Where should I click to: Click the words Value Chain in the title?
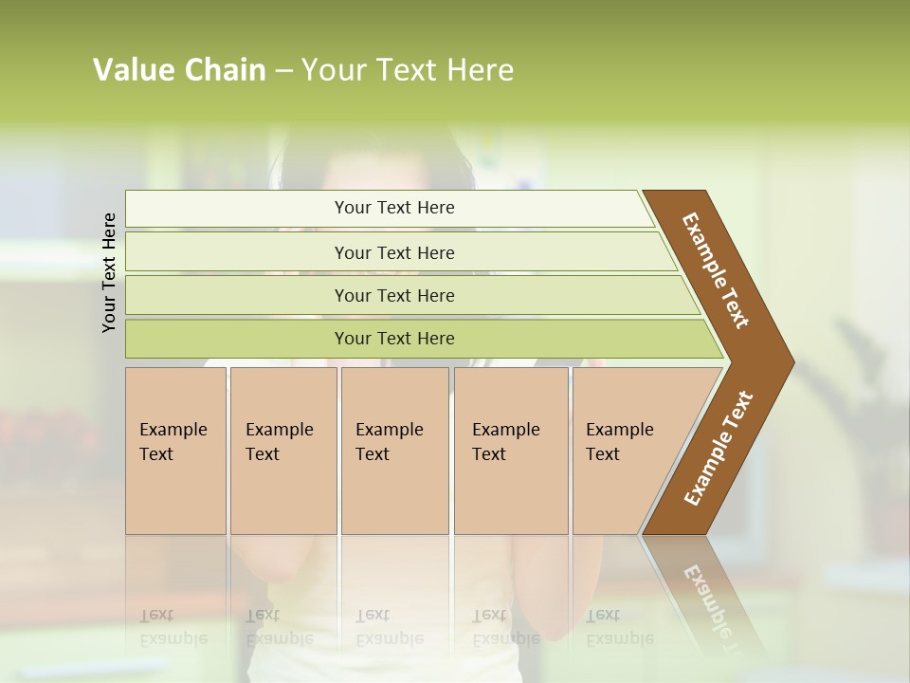179,70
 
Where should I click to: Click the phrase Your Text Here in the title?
408,70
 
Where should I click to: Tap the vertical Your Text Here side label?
109,272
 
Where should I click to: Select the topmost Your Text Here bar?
393,208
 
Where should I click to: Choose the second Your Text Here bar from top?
393,252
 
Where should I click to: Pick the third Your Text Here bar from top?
393,295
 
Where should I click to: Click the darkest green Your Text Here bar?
393,339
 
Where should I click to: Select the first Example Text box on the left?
175,450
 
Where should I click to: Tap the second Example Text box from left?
282,450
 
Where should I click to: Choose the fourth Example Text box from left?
510,450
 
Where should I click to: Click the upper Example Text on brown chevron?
717,270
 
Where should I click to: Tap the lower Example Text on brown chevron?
719,448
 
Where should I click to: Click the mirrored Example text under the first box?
173,627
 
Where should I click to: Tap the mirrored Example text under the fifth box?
619,627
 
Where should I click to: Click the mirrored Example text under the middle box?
389,627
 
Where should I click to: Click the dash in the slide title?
283,71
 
